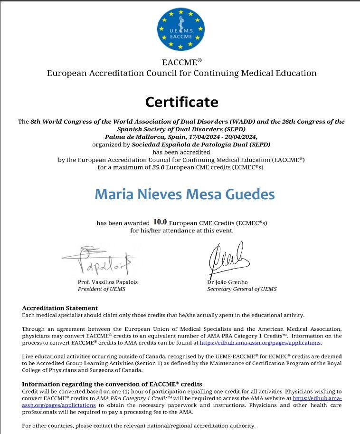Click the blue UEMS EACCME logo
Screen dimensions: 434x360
[x=180, y=29]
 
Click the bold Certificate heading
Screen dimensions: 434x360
[x=181, y=102]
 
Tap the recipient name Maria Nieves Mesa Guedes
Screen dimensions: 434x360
[x=184, y=194]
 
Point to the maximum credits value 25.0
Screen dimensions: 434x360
[x=145, y=167]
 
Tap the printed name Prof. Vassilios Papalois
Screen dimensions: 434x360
[x=107, y=282]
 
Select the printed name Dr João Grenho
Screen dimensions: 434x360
[x=227, y=282]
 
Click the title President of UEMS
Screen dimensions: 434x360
[x=102, y=289]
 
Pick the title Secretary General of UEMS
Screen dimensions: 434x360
[x=242, y=289]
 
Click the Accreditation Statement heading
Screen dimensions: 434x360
[x=60, y=308]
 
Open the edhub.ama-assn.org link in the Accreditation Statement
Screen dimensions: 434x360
[x=260, y=342]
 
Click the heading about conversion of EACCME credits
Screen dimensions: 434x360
[x=112, y=384]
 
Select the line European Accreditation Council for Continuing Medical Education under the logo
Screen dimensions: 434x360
[x=181, y=73]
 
